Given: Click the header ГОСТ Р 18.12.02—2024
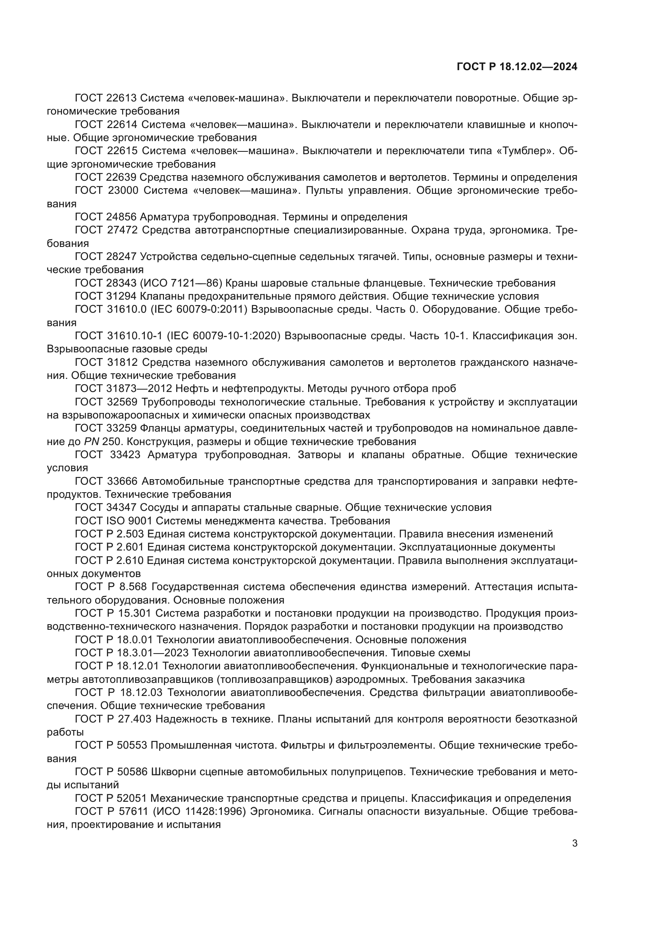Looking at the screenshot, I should click(x=517, y=67).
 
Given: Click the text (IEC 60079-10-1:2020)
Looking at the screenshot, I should click(x=223, y=336).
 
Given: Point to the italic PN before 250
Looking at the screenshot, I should click(x=91, y=441).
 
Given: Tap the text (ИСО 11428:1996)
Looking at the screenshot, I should click(x=199, y=811).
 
